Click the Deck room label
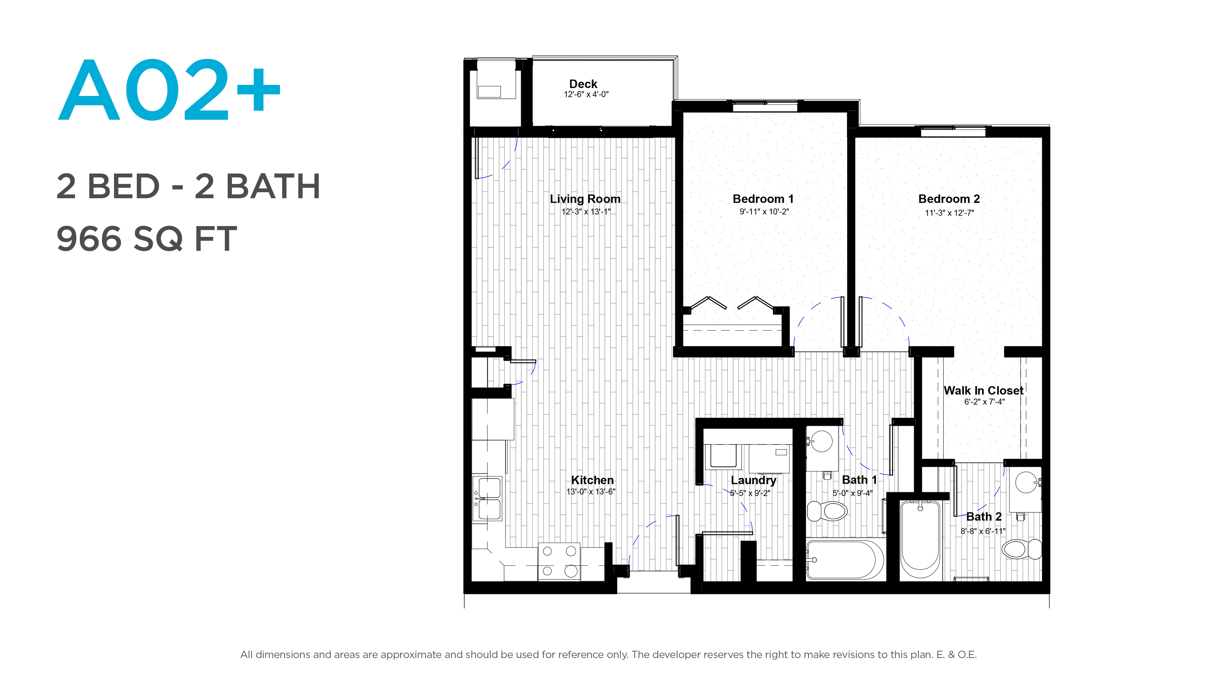(583, 84)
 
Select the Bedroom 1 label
(763, 199)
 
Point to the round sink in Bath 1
(822, 441)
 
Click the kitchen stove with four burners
(559, 562)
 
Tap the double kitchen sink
(487, 498)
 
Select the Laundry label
(753, 480)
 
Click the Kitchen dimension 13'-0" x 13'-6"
(591, 492)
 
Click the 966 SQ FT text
(146, 239)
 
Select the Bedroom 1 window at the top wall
(765, 106)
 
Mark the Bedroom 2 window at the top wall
(953, 131)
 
